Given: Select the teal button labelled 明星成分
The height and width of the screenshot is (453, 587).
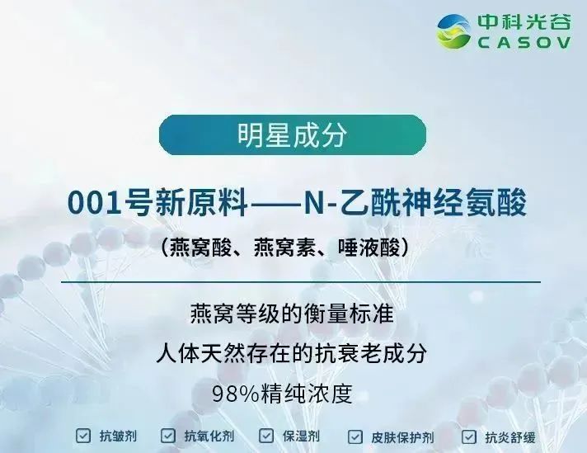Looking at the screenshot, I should click(293, 135).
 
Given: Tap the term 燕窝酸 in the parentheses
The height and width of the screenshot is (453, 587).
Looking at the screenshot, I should click(196, 246).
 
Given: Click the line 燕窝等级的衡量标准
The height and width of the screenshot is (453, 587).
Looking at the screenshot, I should click(293, 316).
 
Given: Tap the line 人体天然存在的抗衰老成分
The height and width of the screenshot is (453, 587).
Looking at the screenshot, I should click(293, 354).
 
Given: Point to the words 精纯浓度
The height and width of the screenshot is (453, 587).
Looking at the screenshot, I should click(317, 393).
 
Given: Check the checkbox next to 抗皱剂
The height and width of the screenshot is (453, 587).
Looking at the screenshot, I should click(83, 436).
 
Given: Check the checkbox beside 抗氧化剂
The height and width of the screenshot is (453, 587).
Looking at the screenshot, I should click(168, 436).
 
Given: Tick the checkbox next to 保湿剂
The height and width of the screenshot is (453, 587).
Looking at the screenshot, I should click(266, 436).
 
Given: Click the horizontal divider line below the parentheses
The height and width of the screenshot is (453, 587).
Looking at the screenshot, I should click(293, 281).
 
